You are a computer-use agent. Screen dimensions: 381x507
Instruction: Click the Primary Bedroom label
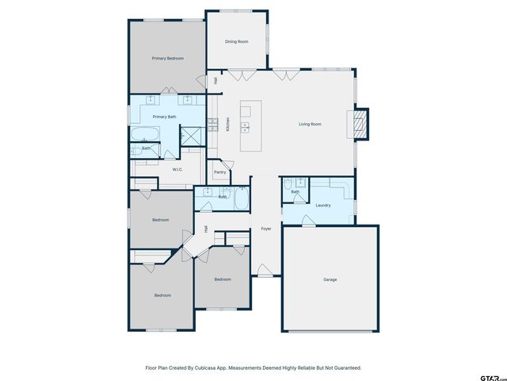168,59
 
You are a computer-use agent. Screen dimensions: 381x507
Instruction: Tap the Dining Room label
237,41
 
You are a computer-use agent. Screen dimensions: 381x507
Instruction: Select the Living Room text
310,125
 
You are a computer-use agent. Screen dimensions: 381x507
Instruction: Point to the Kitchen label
228,125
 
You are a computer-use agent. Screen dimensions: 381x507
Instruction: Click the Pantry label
220,172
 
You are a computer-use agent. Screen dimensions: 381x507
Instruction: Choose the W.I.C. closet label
178,169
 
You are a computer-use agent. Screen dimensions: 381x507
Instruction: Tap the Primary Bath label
165,117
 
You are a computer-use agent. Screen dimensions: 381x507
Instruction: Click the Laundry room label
322,206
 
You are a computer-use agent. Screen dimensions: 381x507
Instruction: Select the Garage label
330,279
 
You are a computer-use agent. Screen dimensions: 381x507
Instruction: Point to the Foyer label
266,229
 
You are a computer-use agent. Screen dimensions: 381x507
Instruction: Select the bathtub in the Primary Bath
144,133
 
